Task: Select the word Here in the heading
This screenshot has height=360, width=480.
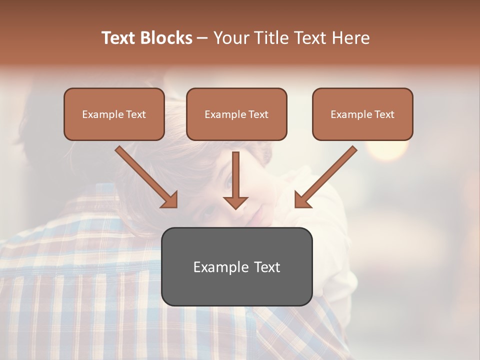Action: click(350, 38)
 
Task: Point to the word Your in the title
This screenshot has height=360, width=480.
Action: click(231, 38)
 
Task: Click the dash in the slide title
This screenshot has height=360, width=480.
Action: click(202, 38)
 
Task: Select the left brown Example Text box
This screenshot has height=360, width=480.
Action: click(114, 114)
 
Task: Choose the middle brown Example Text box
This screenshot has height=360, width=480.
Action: click(236, 114)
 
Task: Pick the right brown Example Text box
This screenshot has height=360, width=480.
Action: click(362, 114)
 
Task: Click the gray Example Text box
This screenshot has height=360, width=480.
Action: click(236, 266)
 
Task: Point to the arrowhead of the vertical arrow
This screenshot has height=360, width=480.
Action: click(235, 202)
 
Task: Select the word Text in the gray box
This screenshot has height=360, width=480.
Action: click(266, 267)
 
